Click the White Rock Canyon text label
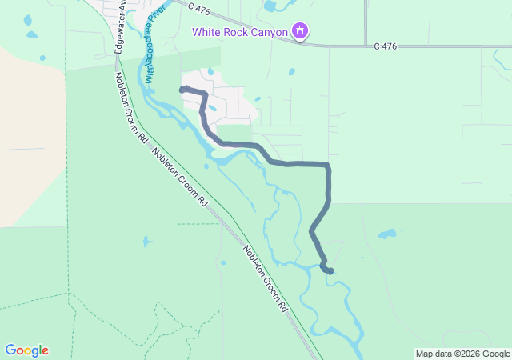point(240,32)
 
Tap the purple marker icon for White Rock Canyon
point(300,32)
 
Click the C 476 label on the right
point(385,46)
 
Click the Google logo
point(26,350)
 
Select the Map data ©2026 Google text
point(462,354)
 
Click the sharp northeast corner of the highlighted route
point(328,166)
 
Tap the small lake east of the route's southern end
point(387,234)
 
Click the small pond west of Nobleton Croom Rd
point(146,241)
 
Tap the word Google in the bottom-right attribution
point(496,354)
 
